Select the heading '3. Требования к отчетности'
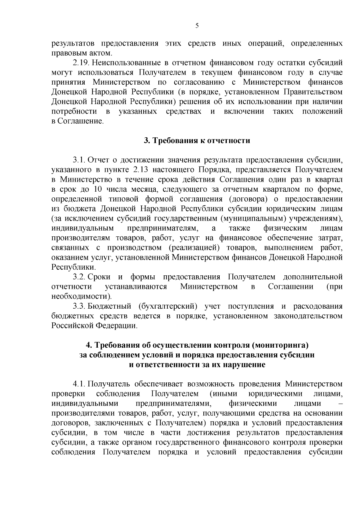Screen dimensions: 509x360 click(x=197, y=140)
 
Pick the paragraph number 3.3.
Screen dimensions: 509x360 click(x=79, y=306)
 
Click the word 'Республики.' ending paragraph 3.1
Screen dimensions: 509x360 click(x=74, y=267)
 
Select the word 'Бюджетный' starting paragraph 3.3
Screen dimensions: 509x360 click(x=110, y=306)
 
